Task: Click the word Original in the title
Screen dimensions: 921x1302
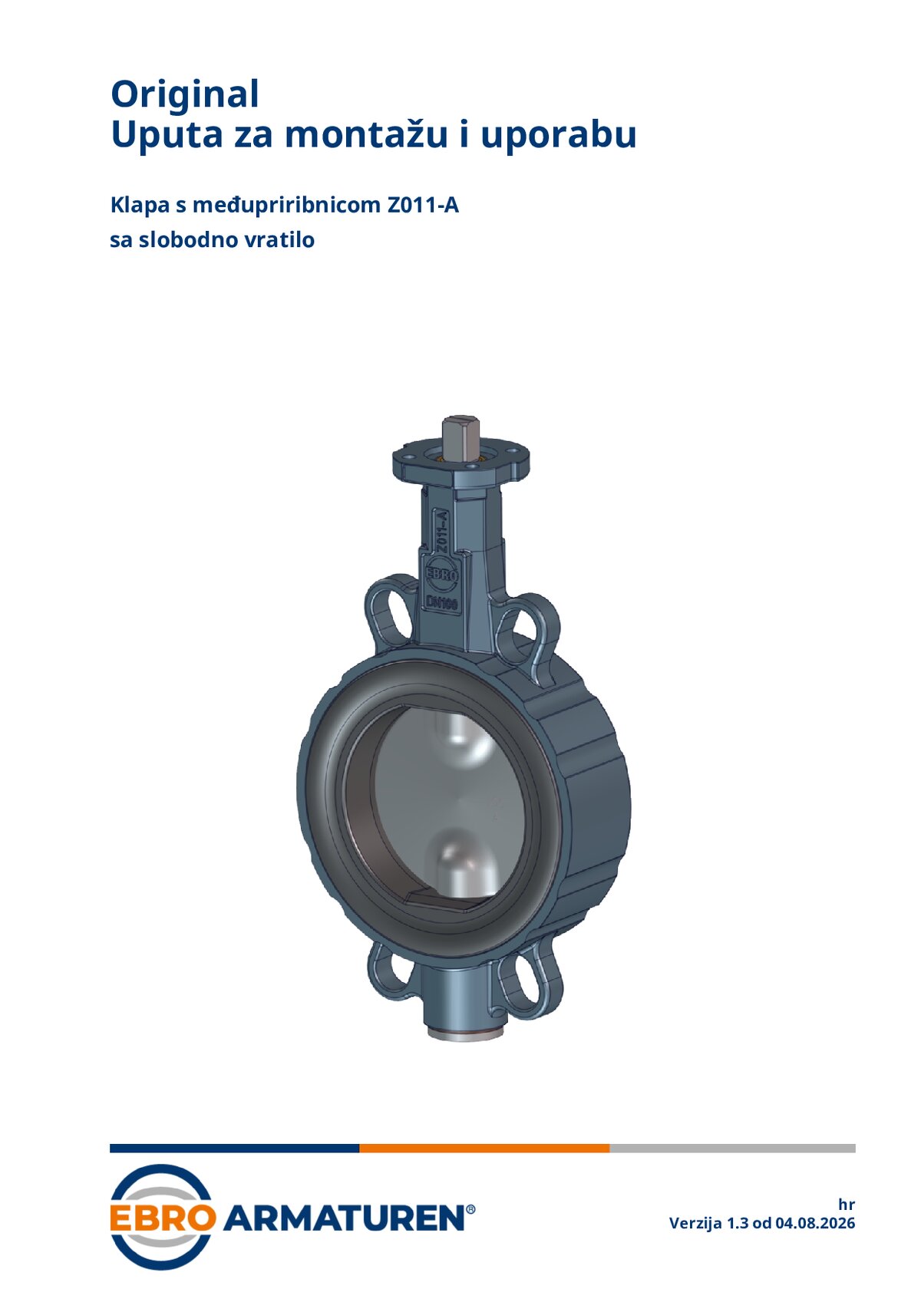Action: [185, 95]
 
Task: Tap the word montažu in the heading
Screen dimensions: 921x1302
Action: [366, 135]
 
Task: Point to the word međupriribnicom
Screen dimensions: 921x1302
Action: [286, 206]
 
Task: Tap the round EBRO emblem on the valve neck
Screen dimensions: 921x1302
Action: [443, 575]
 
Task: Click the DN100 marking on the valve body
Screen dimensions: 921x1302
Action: [443, 603]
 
